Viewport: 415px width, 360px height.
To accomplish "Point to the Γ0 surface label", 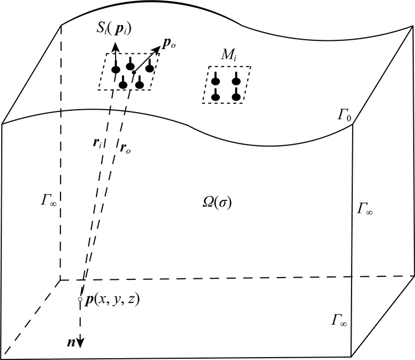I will click(x=345, y=115).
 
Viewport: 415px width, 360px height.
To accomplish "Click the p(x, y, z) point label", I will click(x=112, y=300).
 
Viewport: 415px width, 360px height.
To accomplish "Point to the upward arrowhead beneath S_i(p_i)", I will click(x=115, y=46).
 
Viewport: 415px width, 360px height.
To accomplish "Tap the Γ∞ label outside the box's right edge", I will click(x=366, y=208).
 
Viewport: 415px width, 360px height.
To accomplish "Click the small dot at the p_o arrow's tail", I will click(x=134, y=72).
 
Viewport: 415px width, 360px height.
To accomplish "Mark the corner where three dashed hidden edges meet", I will click(x=61, y=279).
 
